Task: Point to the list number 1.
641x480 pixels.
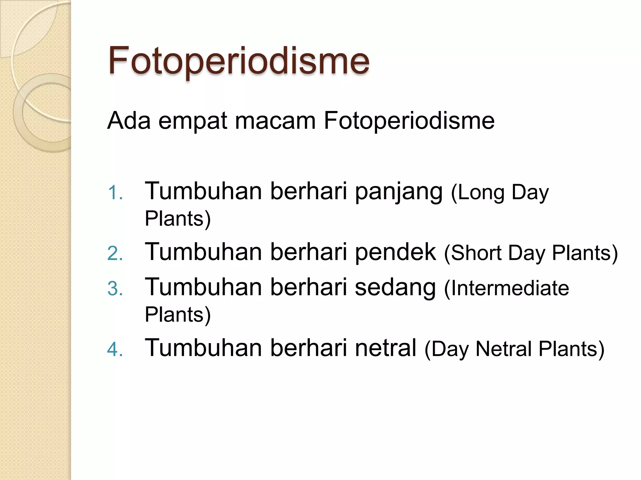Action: point(114,192)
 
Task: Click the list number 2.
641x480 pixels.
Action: point(114,253)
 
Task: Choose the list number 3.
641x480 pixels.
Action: point(114,288)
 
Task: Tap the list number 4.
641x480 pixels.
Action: point(114,349)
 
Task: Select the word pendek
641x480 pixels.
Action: point(395,252)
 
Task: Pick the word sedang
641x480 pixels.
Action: point(395,288)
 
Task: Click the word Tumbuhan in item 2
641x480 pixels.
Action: point(203,252)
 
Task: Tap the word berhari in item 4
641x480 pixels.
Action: point(309,348)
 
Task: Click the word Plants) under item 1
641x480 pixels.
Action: point(178,219)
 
